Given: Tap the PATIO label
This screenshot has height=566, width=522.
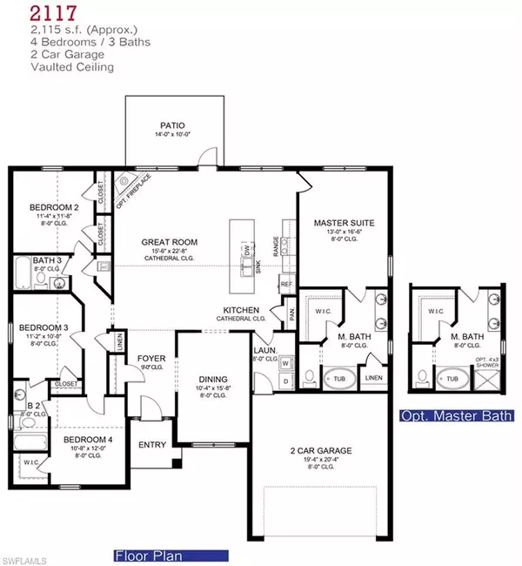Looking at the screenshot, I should tap(171, 125).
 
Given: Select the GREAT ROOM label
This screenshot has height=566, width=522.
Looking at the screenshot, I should tap(171, 242).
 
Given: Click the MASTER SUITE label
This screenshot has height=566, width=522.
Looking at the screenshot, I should tap(342, 222).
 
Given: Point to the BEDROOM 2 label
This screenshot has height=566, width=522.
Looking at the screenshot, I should tap(53, 207).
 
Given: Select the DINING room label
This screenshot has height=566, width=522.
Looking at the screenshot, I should tap(212, 380).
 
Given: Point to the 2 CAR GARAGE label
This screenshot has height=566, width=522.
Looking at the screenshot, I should tap(321, 451).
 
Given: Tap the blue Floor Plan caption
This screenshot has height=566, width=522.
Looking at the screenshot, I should tap(171, 555).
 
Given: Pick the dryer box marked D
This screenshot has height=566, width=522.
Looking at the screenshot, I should tap(285, 381).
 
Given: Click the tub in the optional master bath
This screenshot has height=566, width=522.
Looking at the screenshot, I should tap(452, 378).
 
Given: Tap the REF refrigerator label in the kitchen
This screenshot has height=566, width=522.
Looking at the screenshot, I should tap(284, 284).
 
